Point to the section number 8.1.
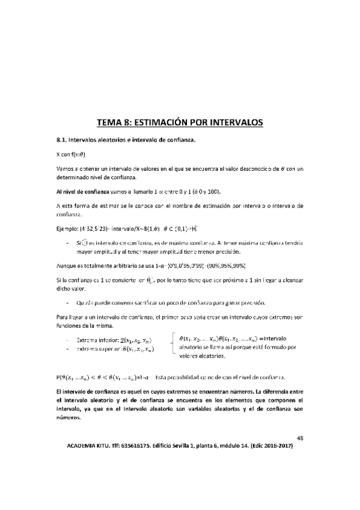click(x=62, y=140)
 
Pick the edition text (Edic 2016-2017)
click(x=276, y=448)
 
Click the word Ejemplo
click(x=67, y=229)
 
